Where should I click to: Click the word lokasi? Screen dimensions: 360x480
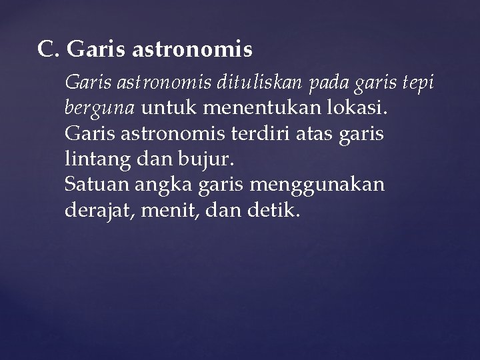click(361, 107)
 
